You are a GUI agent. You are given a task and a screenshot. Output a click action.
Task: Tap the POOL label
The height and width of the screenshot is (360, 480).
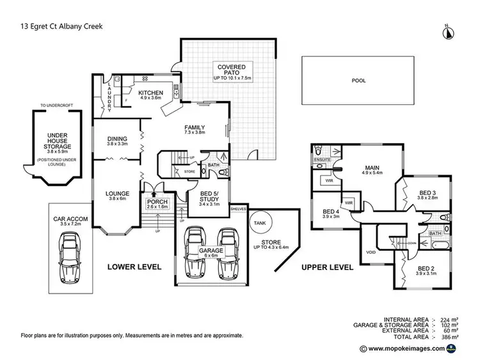coord(358,81)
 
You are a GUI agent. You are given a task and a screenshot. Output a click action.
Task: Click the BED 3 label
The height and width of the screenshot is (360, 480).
coord(428,193)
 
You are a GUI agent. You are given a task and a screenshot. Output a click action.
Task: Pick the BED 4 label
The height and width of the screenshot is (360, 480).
coord(331,212)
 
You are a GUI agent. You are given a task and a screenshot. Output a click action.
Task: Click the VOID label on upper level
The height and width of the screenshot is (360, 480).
coord(371,252)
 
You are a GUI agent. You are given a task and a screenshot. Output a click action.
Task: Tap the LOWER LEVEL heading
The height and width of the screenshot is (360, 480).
coord(134,266)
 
